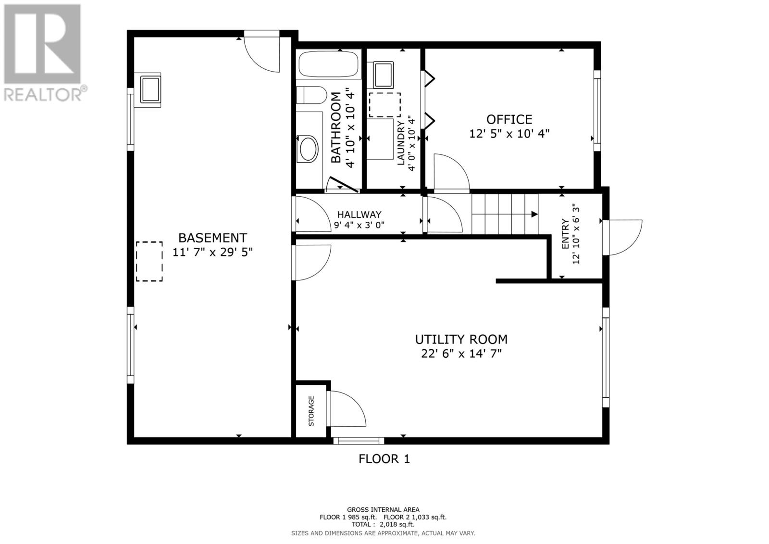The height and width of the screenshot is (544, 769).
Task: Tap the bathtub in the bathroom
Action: click(329, 64)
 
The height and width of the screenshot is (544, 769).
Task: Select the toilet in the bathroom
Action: click(311, 95)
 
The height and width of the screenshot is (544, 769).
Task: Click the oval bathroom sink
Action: click(309, 149)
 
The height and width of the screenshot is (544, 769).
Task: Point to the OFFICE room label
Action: click(509, 119)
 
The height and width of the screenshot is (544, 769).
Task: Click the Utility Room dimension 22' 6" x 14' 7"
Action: click(461, 354)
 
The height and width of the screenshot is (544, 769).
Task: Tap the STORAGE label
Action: click(311, 411)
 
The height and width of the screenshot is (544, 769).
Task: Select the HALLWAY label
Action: click(359, 215)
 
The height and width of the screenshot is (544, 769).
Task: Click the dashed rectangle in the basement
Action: click(149, 262)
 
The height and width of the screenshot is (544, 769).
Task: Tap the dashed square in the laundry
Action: click(385, 105)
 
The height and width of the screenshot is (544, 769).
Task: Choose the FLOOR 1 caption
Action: click(384, 459)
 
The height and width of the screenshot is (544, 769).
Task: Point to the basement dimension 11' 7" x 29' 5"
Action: click(212, 252)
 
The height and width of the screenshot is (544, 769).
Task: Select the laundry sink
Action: click(384, 75)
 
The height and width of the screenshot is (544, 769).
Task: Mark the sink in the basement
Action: click(150, 89)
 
